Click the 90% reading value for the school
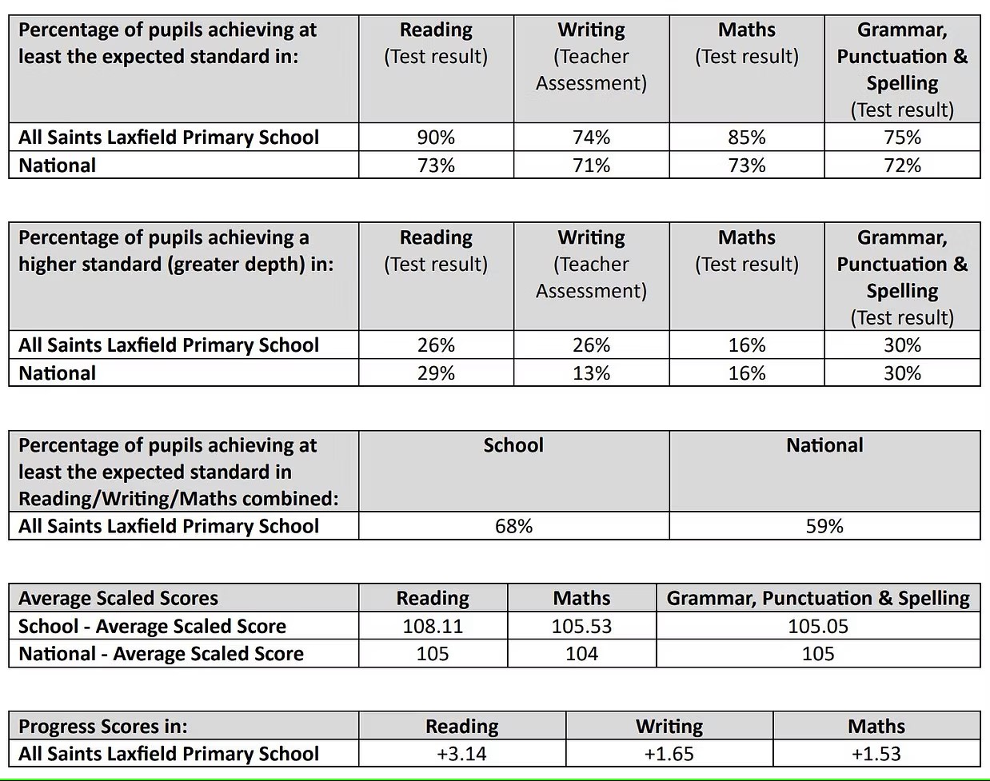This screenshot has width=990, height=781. click(x=436, y=137)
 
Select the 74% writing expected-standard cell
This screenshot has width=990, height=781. click(x=591, y=137)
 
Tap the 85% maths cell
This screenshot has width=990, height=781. click(x=746, y=137)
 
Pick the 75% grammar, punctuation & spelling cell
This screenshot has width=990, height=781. click(x=902, y=137)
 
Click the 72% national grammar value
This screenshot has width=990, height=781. click(x=902, y=165)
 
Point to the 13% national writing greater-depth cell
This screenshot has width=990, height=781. click(x=591, y=373)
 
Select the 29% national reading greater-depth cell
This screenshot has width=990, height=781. click(x=436, y=373)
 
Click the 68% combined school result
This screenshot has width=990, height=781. click(x=513, y=526)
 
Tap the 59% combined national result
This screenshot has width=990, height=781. click(x=824, y=526)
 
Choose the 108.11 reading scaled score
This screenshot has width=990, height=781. click(x=433, y=626)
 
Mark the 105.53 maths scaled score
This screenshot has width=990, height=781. click(x=581, y=626)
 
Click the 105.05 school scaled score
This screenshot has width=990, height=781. click(x=817, y=626)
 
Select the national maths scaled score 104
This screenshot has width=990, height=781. click(x=581, y=654)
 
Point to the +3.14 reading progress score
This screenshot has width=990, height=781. click(x=461, y=754)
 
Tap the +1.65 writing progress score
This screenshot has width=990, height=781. click(x=669, y=754)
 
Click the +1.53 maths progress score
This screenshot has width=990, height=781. click(x=876, y=754)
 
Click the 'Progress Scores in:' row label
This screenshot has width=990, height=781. click(x=103, y=727)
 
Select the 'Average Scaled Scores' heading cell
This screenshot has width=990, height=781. click(x=118, y=598)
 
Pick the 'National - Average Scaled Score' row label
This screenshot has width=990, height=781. click(x=161, y=654)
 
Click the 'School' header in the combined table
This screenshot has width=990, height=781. click(x=513, y=445)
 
